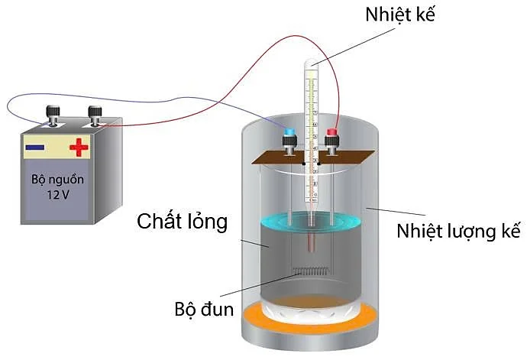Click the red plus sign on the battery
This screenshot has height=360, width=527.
79,147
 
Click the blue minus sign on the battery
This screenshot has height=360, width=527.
34,148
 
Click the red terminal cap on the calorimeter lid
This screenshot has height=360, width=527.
332,134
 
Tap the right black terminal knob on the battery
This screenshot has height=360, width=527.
95,114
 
